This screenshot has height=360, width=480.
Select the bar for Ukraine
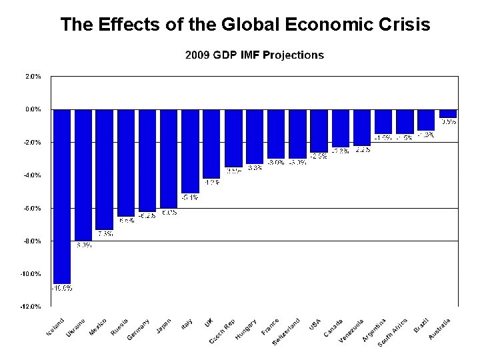83,174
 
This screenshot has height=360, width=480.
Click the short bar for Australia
448,113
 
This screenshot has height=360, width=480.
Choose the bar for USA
319,131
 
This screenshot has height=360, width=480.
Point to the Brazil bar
426,119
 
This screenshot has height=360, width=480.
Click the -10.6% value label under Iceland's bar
63,288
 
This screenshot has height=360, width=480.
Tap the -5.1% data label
190,197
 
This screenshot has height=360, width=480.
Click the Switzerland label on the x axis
286,331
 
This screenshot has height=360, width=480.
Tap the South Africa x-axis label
393,331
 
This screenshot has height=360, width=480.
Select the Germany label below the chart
138,329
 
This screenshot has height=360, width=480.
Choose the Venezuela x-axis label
351,330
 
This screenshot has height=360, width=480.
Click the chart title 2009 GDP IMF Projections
254,55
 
